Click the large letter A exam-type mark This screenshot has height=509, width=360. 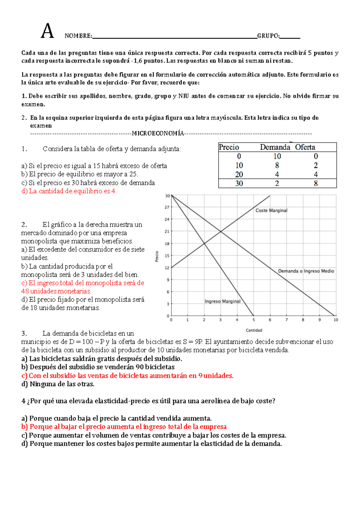coord(47,31)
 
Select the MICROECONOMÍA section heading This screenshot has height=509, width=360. coord(158,134)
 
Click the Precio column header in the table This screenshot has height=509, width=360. coord(229,147)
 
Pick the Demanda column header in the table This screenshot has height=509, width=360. coord(275,147)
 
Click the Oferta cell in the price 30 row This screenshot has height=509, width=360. coord(316,183)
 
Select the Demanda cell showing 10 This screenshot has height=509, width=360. coord(277,156)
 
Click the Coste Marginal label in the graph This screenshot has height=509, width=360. coord(271,210)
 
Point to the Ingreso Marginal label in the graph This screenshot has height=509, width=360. coord(222,301)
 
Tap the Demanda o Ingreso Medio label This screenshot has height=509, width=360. coord(306,271)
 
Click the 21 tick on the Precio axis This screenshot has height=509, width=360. coord(167,231)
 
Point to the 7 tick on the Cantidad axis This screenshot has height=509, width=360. coord(286,320)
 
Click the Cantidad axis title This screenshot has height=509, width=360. coord(254,330)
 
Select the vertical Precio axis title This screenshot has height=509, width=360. coord(157,256)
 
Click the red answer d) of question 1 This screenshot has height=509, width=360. coord(69,191)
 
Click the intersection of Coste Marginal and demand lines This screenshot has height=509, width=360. coord(221,231)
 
